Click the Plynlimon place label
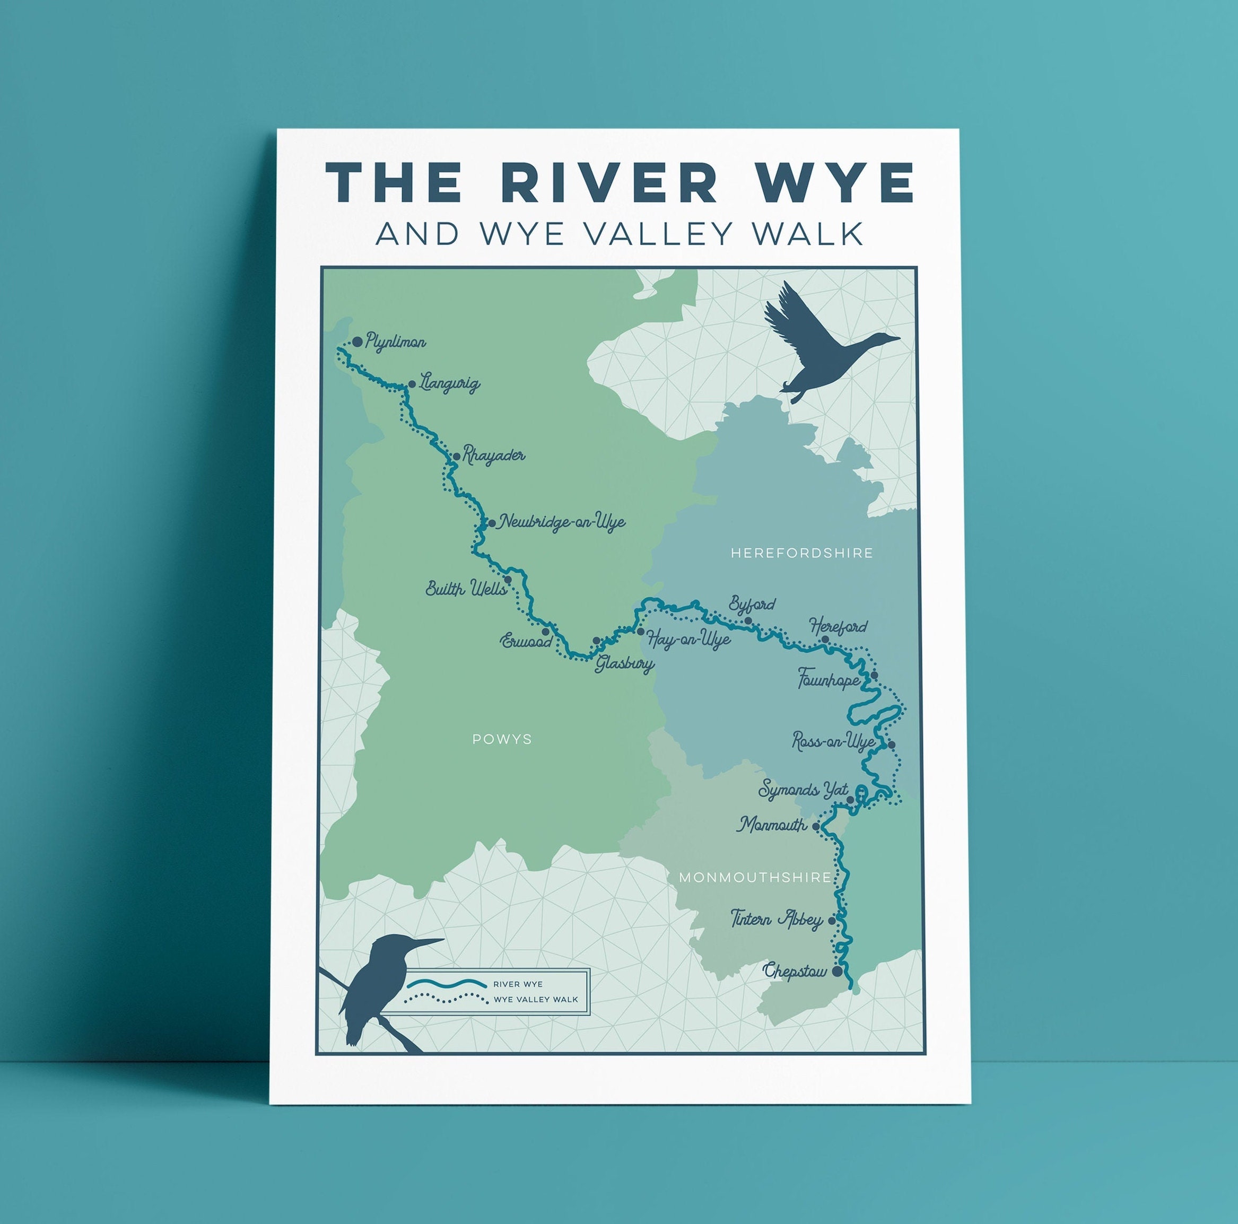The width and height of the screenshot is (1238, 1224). click(395, 343)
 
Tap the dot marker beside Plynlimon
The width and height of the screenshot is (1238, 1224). click(357, 341)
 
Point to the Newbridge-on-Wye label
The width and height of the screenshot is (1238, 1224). click(561, 522)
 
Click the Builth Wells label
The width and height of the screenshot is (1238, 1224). click(466, 589)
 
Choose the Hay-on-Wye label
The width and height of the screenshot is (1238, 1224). click(689, 639)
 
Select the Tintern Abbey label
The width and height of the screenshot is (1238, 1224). click(777, 920)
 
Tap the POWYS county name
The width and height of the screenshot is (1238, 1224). click(502, 739)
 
